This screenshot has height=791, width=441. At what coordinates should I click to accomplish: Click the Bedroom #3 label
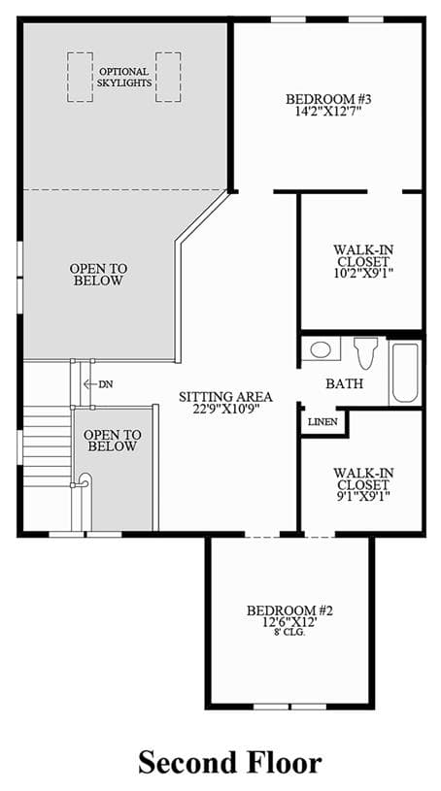(x=329, y=98)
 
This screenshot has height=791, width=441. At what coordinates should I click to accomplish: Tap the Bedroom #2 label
(x=289, y=610)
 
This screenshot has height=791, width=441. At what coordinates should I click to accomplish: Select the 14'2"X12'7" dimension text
(x=329, y=110)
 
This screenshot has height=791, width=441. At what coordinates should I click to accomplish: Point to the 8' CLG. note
(x=289, y=632)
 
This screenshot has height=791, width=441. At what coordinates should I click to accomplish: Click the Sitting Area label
(x=225, y=397)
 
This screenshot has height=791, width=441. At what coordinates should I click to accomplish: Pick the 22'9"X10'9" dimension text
(x=225, y=408)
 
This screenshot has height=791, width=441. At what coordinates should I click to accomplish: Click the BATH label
(x=345, y=384)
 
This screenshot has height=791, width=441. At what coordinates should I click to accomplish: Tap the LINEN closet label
(x=322, y=422)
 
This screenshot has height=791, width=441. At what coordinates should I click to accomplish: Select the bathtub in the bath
(x=405, y=373)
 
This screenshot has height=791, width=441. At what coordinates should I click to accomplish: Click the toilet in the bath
(x=366, y=351)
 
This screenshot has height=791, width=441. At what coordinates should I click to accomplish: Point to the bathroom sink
(x=321, y=349)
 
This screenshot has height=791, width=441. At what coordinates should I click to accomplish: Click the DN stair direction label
(x=106, y=384)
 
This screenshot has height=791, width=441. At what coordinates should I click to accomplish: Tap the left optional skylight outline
(x=80, y=78)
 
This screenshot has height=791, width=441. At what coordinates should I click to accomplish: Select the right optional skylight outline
(x=168, y=78)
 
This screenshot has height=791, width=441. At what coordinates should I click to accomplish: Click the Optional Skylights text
(x=124, y=78)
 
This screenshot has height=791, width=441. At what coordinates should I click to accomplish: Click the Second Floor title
(x=230, y=762)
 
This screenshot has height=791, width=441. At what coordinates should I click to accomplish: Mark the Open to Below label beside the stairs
(x=112, y=441)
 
